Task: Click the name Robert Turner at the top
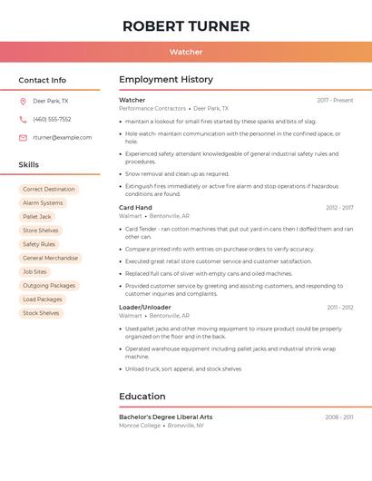point(186,25)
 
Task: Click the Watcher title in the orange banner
point(186,52)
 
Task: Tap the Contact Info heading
point(43,80)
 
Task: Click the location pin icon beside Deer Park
point(23,102)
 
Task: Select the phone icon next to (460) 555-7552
point(23,120)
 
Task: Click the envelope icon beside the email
point(23,138)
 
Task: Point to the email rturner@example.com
point(62,138)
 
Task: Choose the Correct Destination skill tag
point(49,190)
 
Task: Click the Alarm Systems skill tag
point(43,203)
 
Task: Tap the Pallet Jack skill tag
point(37,217)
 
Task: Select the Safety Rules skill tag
point(39,244)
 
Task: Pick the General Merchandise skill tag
point(50,258)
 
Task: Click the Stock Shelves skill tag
point(41,313)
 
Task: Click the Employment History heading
point(166,80)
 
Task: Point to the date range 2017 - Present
point(335,101)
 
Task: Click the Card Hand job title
point(135,208)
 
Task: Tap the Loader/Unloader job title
point(144,308)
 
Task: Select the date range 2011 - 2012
point(340,308)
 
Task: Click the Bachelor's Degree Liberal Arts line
point(165,417)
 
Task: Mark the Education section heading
point(142,397)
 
